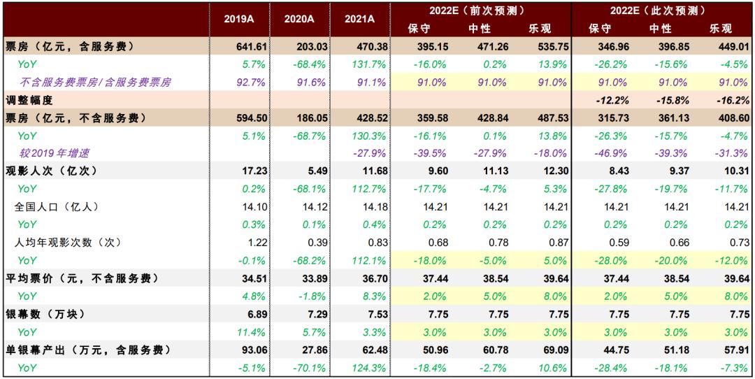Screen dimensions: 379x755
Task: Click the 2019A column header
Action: coord(238,20)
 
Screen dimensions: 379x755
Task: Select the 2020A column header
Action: coord(299,20)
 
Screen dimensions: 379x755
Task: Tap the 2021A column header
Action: coord(359,20)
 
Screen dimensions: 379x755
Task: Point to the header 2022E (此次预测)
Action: coord(661,10)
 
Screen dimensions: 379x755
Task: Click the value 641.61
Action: coord(238,46)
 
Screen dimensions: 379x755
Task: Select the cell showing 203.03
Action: coord(299,46)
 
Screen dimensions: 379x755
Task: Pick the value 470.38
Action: coord(359,46)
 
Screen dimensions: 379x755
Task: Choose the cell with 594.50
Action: coord(238,117)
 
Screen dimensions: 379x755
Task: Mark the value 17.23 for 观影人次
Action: coord(238,171)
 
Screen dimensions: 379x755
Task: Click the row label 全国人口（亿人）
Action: coord(55,207)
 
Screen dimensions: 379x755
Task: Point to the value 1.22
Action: coord(238,243)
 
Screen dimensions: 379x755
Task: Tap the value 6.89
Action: coord(238,314)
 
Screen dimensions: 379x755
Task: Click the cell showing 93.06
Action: coord(238,350)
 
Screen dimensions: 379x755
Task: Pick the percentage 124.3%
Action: coord(359,368)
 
